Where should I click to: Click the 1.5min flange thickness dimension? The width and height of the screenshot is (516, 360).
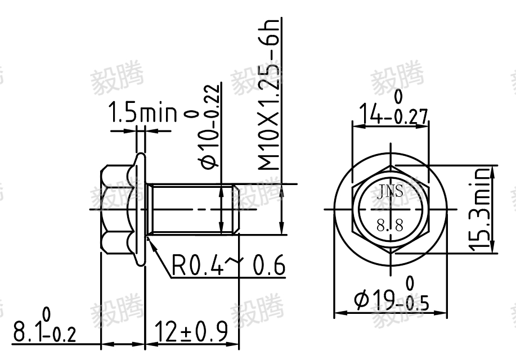[x=143, y=112]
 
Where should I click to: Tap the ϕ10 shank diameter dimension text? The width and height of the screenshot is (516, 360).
[x=210, y=127]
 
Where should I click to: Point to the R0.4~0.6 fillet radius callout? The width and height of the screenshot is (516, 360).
[x=228, y=265]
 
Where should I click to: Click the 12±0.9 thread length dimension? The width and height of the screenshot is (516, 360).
[x=191, y=331]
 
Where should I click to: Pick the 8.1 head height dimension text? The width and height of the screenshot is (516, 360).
[x=44, y=326]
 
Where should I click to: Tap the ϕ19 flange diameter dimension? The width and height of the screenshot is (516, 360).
[x=391, y=295]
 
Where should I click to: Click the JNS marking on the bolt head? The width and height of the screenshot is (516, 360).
[x=390, y=192]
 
